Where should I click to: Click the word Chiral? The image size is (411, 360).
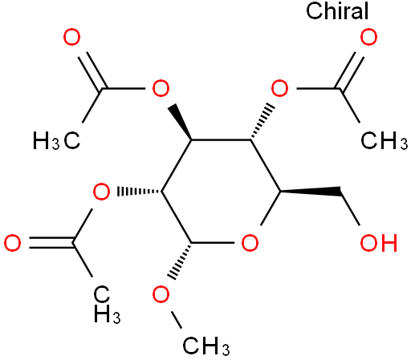pyautogui.click(x=337, y=10)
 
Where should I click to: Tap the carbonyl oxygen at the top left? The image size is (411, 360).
pyautogui.click(x=71, y=37)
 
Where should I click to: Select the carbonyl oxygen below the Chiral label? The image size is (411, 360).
pyautogui.click(x=368, y=37)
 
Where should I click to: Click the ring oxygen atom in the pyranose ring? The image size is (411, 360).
pyautogui.click(x=250, y=243)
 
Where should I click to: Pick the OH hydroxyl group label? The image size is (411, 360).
pyautogui.click(x=379, y=243)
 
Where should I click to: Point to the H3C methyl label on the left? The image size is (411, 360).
pyautogui.click(x=56, y=140)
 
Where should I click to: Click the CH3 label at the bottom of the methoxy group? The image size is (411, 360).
pyautogui.click(x=206, y=346)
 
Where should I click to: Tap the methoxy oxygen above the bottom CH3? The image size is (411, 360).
pyautogui.click(x=161, y=294)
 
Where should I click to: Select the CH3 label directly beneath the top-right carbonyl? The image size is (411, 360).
pyautogui.click(x=385, y=140)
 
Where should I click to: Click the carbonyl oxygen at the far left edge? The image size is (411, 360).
pyautogui.click(x=12, y=243)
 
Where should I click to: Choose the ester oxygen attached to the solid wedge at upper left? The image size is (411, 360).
pyautogui.click(x=161, y=88)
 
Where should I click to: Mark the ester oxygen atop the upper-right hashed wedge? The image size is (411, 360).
pyautogui.click(x=279, y=88)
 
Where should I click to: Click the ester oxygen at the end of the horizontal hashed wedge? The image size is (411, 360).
pyautogui.click(x=101, y=192)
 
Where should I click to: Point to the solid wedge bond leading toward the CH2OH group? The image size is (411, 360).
pyautogui.click(x=311, y=192)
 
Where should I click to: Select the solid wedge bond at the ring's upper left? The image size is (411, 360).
pyautogui.click(x=179, y=122)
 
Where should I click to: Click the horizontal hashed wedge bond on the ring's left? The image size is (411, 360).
pyautogui.click(x=139, y=192)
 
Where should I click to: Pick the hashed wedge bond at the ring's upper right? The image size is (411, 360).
pyautogui.click(x=262, y=122)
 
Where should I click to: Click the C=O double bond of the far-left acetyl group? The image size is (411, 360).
pyautogui.click(x=51, y=243)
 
